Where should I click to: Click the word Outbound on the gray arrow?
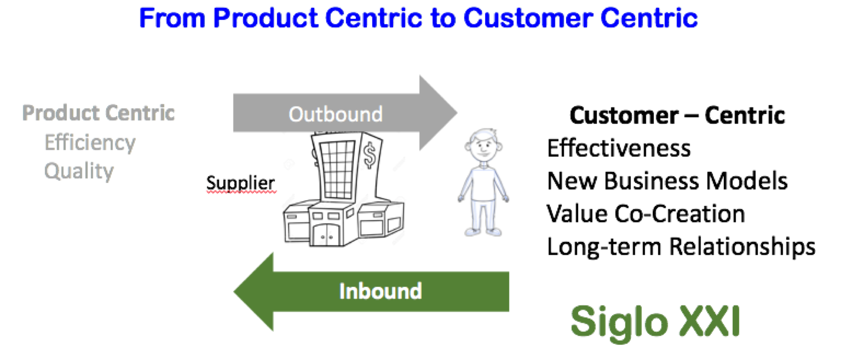(x=335, y=114)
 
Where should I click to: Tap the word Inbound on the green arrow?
(x=380, y=291)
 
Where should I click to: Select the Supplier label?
(x=240, y=183)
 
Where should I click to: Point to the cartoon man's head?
(x=483, y=145)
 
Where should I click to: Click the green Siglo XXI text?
(x=655, y=321)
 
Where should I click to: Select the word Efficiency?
(x=90, y=142)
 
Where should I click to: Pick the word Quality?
(x=79, y=171)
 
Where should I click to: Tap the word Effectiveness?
(x=619, y=148)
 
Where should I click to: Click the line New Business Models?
(x=667, y=181)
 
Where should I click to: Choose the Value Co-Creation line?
(x=645, y=214)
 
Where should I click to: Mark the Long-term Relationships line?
(x=681, y=246)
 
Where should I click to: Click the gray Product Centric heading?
(x=98, y=113)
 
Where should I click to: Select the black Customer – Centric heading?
(x=677, y=116)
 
